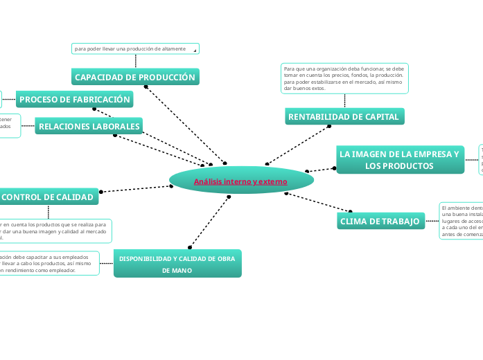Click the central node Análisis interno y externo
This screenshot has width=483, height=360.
[240, 181]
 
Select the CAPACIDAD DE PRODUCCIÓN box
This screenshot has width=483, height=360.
[135, 77]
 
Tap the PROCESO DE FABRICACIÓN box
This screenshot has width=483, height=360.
[75, 100]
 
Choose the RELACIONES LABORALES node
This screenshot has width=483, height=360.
[89, 127]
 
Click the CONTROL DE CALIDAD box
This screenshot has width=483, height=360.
[49, 197]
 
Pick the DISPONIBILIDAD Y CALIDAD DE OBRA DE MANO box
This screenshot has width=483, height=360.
[177, 264]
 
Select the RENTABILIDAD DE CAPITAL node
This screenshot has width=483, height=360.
[344, 117]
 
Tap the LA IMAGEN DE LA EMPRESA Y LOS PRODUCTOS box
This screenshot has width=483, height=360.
[399, 160]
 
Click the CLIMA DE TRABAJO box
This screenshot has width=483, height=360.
[380, 221]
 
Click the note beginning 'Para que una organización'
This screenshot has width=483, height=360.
[344, 78]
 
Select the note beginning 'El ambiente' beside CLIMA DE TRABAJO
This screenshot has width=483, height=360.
[461, 221]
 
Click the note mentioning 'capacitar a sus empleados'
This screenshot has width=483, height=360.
[49, 263]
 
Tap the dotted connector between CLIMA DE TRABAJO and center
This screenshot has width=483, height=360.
[318, 202]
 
